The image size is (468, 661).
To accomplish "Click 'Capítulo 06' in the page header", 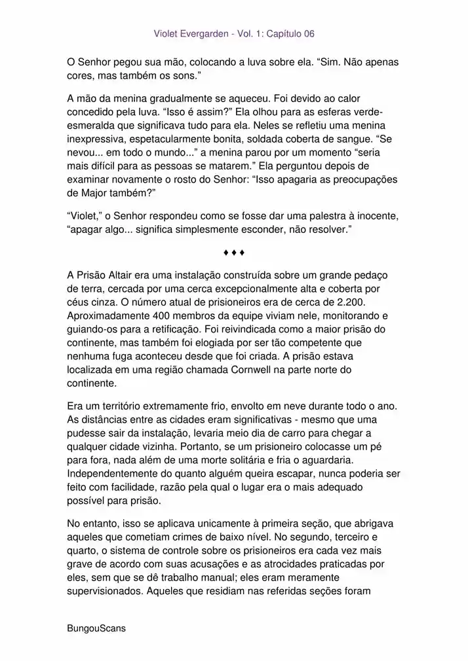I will tap(288, 33).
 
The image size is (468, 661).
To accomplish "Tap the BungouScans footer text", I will tap(96, 628).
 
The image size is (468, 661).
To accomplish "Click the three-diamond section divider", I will tap(233, 252).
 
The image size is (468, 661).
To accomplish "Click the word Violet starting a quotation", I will tap(84, 215).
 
